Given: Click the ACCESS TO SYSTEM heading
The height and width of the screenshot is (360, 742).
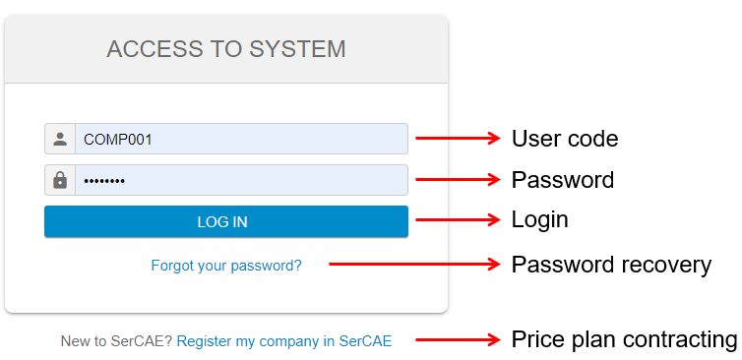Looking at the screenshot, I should pos(226,49).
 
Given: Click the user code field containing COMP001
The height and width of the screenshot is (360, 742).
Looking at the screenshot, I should pos(241,139).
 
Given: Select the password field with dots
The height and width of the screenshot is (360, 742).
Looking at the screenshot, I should pos(241,180).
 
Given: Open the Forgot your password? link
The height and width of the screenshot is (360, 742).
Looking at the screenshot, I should pos(226,266).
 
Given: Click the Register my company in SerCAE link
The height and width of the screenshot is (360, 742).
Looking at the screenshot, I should pos(284,341).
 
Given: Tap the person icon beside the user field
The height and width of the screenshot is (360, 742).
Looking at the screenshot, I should pos(60,139).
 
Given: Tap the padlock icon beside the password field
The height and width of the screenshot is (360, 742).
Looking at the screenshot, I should pos(60,180).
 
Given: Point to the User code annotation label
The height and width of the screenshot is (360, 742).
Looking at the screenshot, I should pos(565,139).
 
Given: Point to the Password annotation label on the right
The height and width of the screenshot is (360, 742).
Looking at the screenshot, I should pos(563,180).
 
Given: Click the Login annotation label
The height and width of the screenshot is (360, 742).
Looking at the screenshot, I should pos(540,219).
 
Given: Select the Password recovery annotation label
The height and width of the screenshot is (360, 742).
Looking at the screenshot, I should pos(611,265).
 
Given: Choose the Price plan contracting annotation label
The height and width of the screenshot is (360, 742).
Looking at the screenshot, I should pos(624,340).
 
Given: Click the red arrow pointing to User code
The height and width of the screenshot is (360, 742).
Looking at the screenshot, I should pos(458,139).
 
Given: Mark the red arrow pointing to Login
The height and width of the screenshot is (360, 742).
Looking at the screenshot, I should pos(458,219).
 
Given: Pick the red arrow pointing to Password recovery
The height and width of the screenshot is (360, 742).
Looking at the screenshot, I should pos(414,264).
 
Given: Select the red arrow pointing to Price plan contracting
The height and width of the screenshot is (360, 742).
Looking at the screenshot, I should pos(458,340).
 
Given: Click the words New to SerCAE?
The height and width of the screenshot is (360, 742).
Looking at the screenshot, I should pos(116,341).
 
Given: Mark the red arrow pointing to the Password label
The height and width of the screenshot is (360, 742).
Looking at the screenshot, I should pos(458,180).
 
